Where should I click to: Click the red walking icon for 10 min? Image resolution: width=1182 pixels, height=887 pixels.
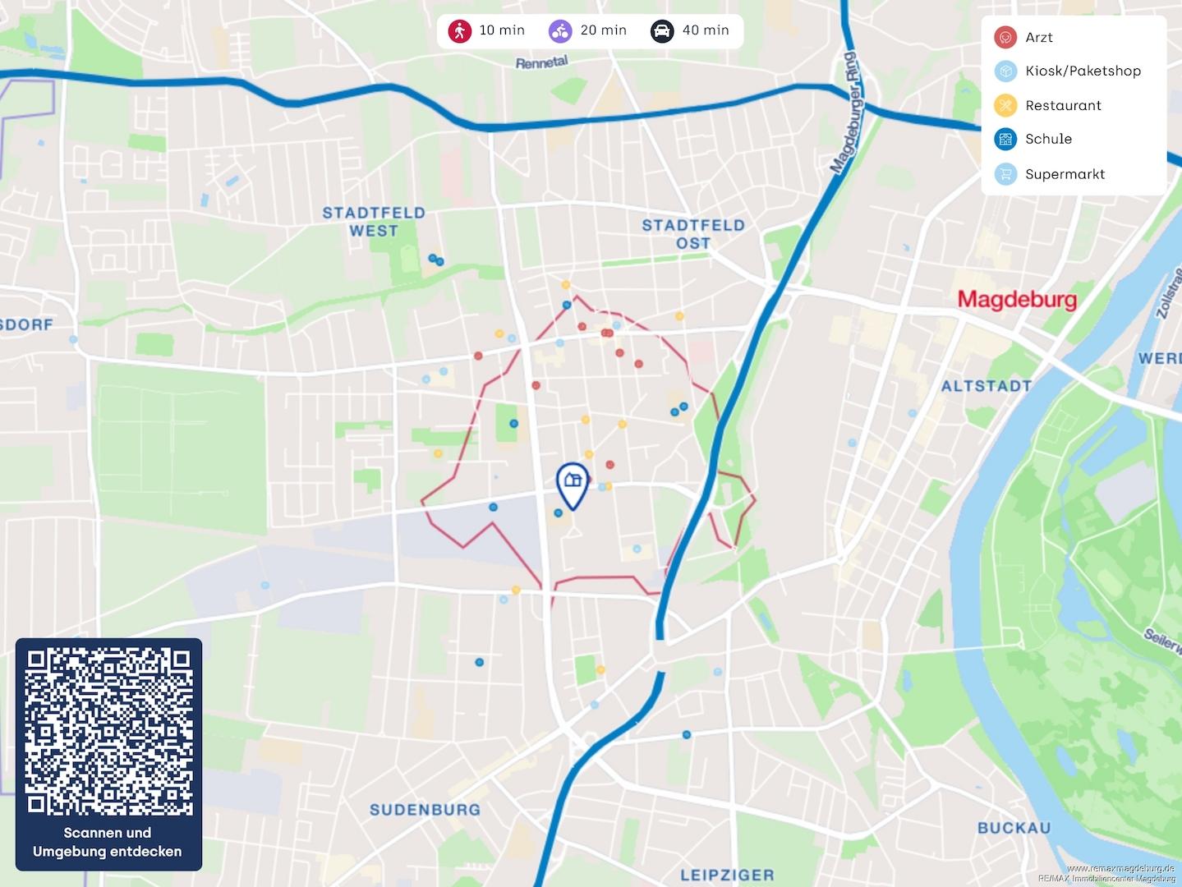460,31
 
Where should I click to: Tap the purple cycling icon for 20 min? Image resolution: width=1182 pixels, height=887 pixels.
560,31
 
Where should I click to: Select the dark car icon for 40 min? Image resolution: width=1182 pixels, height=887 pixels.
662,31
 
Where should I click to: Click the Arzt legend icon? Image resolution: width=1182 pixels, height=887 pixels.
1005,37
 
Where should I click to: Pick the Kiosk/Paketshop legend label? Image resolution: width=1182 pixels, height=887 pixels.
1083,71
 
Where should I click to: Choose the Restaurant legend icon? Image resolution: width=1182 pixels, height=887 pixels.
1005,105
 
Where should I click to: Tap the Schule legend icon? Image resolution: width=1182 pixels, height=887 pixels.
1005,139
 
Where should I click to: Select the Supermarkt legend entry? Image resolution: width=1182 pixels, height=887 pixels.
1065,174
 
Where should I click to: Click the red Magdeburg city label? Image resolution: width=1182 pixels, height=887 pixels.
1017,300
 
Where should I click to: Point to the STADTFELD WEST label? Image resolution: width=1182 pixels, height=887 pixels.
374,222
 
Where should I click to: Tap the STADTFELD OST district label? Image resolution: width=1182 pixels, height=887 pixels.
693,234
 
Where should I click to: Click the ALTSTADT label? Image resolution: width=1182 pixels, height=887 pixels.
986,386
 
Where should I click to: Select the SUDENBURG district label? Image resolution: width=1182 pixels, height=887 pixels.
425,810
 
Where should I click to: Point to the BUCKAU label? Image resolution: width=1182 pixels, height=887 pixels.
1014,828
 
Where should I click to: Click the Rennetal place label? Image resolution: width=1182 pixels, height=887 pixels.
541,63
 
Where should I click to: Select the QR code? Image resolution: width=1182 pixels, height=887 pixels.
108,732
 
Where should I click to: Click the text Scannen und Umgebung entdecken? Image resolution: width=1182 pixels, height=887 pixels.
108,842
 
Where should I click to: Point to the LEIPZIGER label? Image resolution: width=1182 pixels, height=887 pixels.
727,876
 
